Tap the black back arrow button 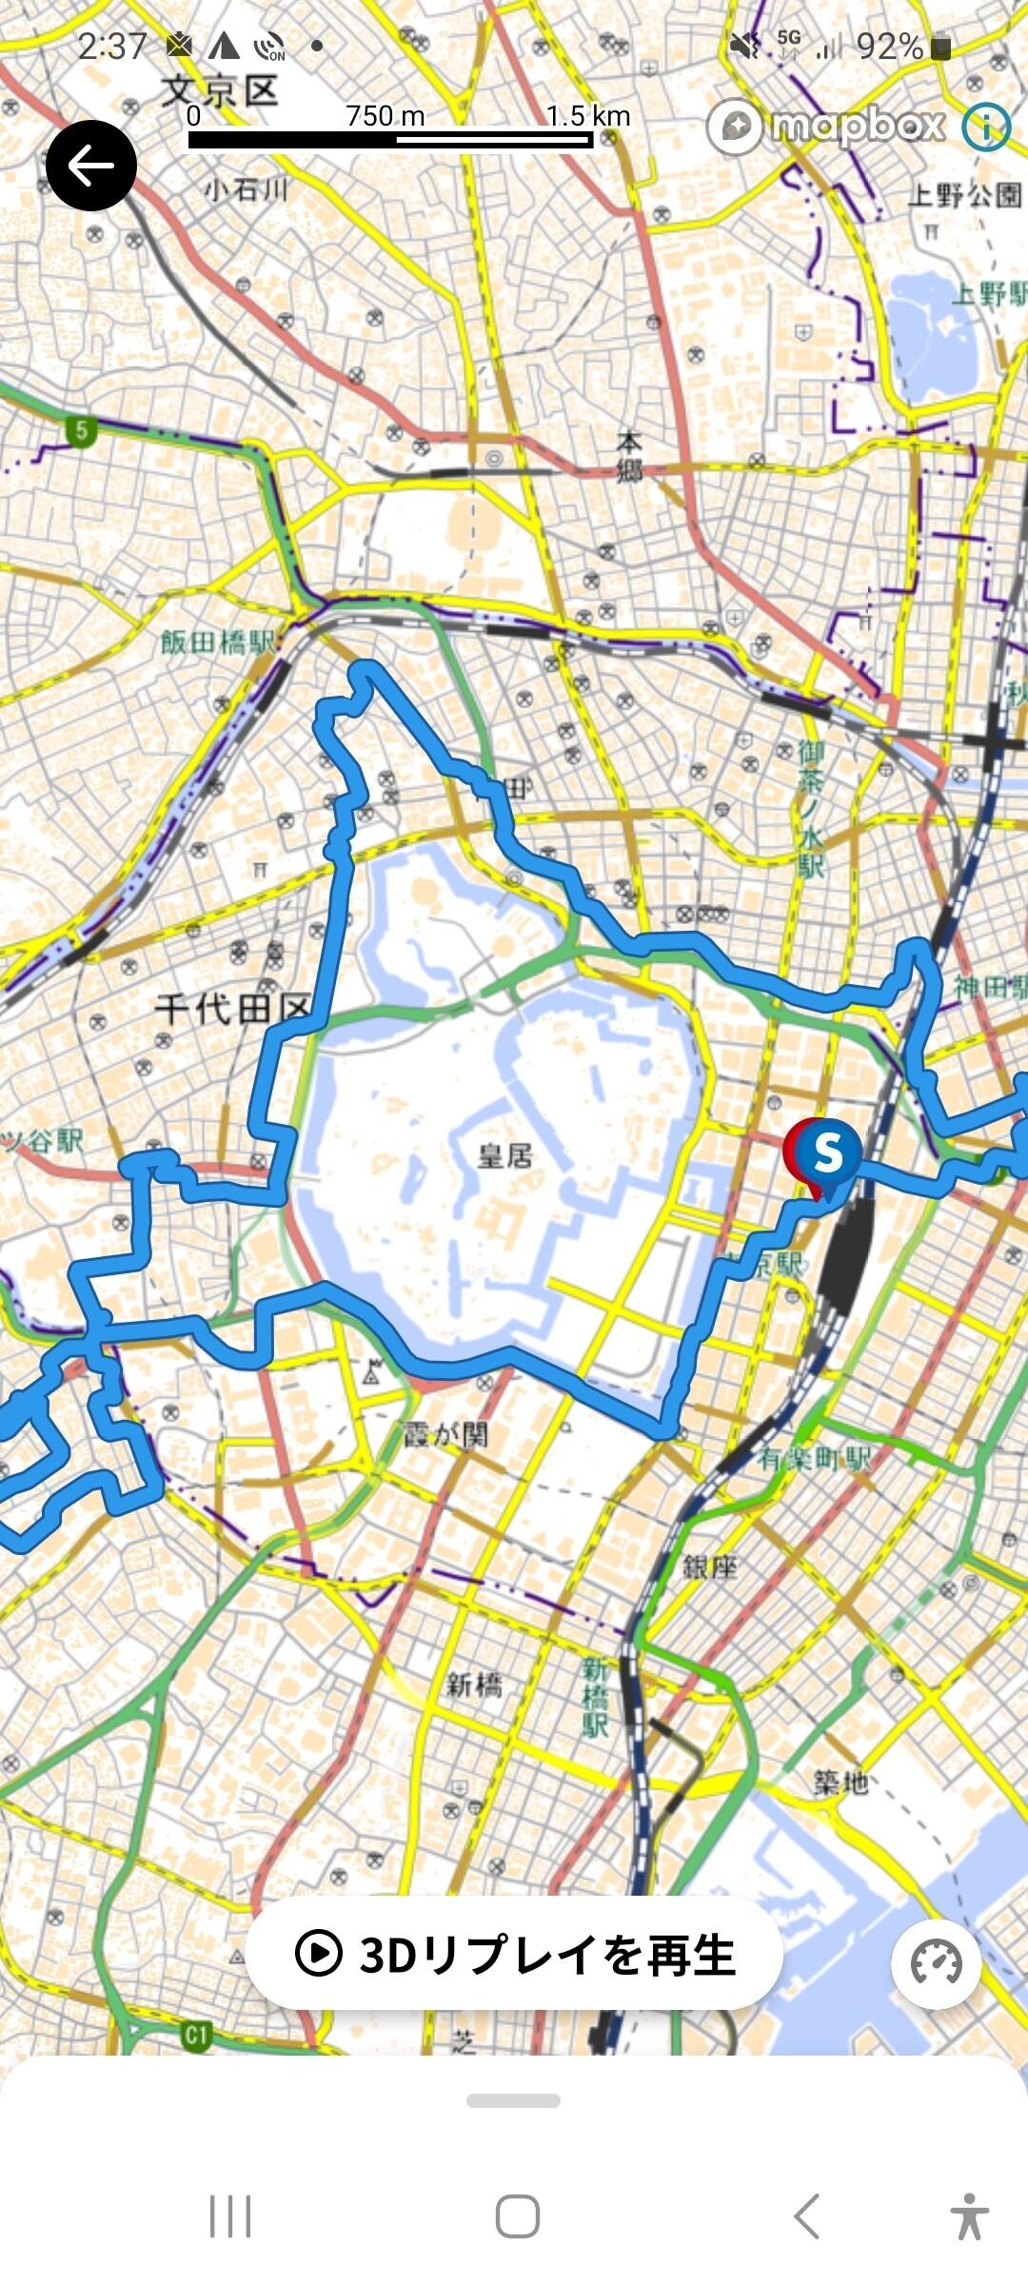point(91,166)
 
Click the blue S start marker point(827,1152)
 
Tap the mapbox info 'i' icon point(985,127)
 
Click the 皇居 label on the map point(505,1156)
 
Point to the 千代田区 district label point(233,1009)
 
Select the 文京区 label point(220,92)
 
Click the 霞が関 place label point(445,1433)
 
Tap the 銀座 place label point(710,1566)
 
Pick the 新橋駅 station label point(596,1697)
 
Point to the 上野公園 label point(965,196)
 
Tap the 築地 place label point(840,1782)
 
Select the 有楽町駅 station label point(815,1457)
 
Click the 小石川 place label point(246,190)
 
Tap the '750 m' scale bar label point(385,116)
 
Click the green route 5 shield point(81,431)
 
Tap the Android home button point(517,2216)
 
